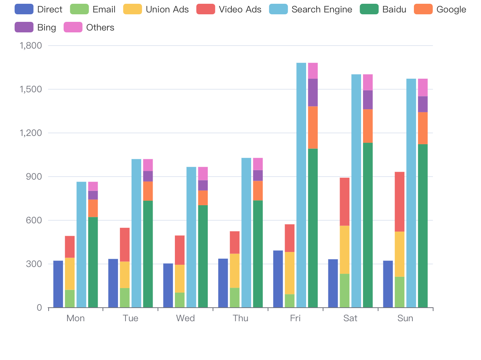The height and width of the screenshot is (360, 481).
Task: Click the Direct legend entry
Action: pos(38,9)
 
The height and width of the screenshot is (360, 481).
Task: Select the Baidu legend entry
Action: pos(383,9)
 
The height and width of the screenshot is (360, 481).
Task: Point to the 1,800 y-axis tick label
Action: pos(31,46)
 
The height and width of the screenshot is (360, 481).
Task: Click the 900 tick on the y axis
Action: pos(34,177)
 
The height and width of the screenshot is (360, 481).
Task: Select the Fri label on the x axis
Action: pos(295,318)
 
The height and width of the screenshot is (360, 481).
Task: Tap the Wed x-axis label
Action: pos(185,318)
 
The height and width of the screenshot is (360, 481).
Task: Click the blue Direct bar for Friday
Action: pos(278,279)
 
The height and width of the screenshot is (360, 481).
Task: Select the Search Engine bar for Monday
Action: pos(81,245)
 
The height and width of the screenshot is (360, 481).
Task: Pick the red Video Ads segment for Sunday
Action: pos(400,201)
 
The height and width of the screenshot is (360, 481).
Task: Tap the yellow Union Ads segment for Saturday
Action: pos(345,250)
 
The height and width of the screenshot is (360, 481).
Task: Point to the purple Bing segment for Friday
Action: pos(313,92)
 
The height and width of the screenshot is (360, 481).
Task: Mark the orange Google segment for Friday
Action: pos(313,127)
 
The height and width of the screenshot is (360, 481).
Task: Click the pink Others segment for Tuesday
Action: pos(148,165)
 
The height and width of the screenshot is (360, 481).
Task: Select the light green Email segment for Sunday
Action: pos(400,292)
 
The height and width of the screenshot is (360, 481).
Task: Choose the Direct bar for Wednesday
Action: pos(168,285)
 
